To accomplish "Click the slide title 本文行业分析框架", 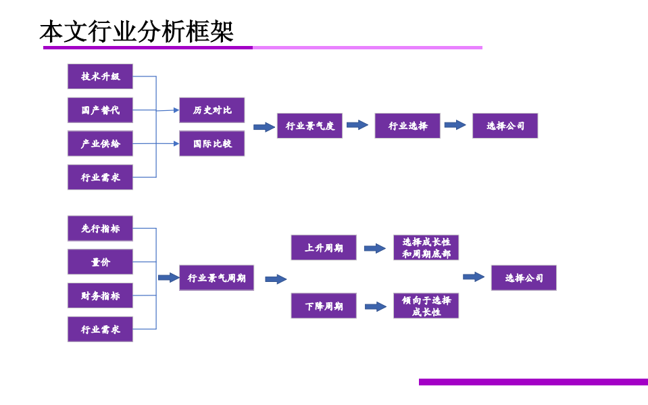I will [136, 32].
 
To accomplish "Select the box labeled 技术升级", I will [100, 76].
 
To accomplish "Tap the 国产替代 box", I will [100, 110].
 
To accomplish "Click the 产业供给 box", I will [100, 143].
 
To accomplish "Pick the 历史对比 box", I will [211, 110].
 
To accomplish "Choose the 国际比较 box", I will [211, 143].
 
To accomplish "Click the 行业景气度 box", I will [309, 126].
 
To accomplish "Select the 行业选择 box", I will [407, 126].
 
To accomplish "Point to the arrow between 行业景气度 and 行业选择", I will [357, 125].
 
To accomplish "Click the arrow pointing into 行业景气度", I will [264, 127].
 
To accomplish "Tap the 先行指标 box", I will [100, 229].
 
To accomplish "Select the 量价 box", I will [100, 262].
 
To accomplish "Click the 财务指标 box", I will [100, 295].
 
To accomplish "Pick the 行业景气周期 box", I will [216, 278].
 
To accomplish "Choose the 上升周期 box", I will [324, 247].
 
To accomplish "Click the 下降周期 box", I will [324, 306].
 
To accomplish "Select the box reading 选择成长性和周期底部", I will [426, 247].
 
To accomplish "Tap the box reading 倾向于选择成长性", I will [426, 306].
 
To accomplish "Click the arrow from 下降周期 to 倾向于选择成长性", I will [376, 307].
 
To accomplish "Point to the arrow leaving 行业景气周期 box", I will [276, 279].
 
